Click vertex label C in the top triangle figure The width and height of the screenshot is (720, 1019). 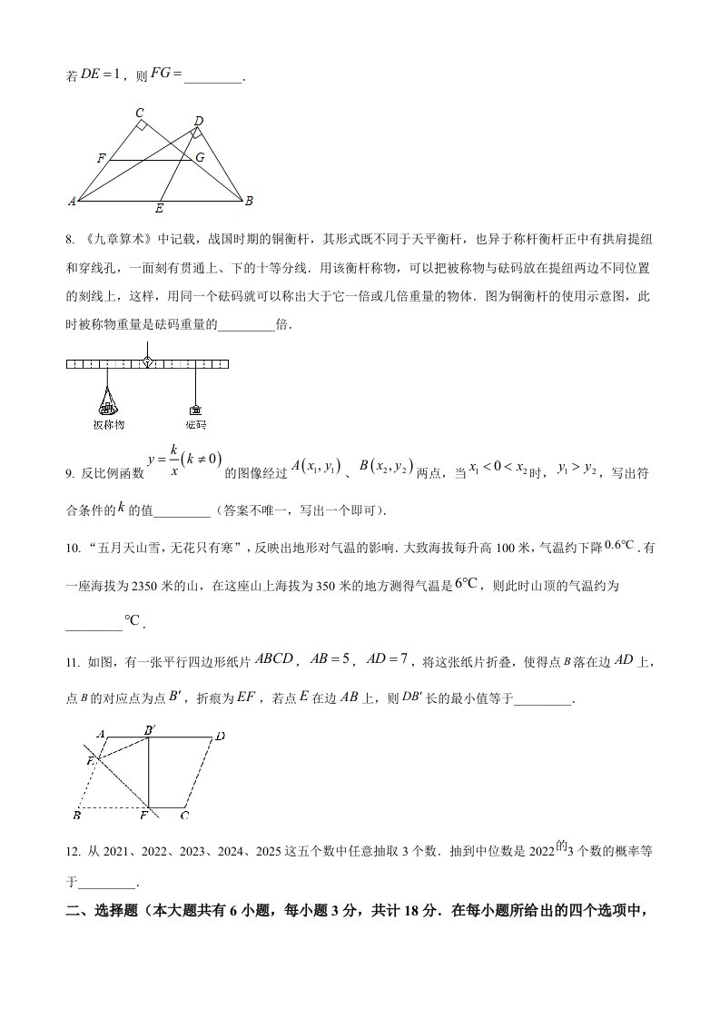coord(140,113)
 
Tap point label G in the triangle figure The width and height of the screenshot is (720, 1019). coord(200,157)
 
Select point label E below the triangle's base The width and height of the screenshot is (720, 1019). coord(159,209)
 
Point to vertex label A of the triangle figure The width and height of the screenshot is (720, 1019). coord(72,201)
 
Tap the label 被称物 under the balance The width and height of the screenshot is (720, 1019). coord(108,424)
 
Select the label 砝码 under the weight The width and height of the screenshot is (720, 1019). coord(195,424)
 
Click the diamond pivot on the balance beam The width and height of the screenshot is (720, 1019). coord(147,362)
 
